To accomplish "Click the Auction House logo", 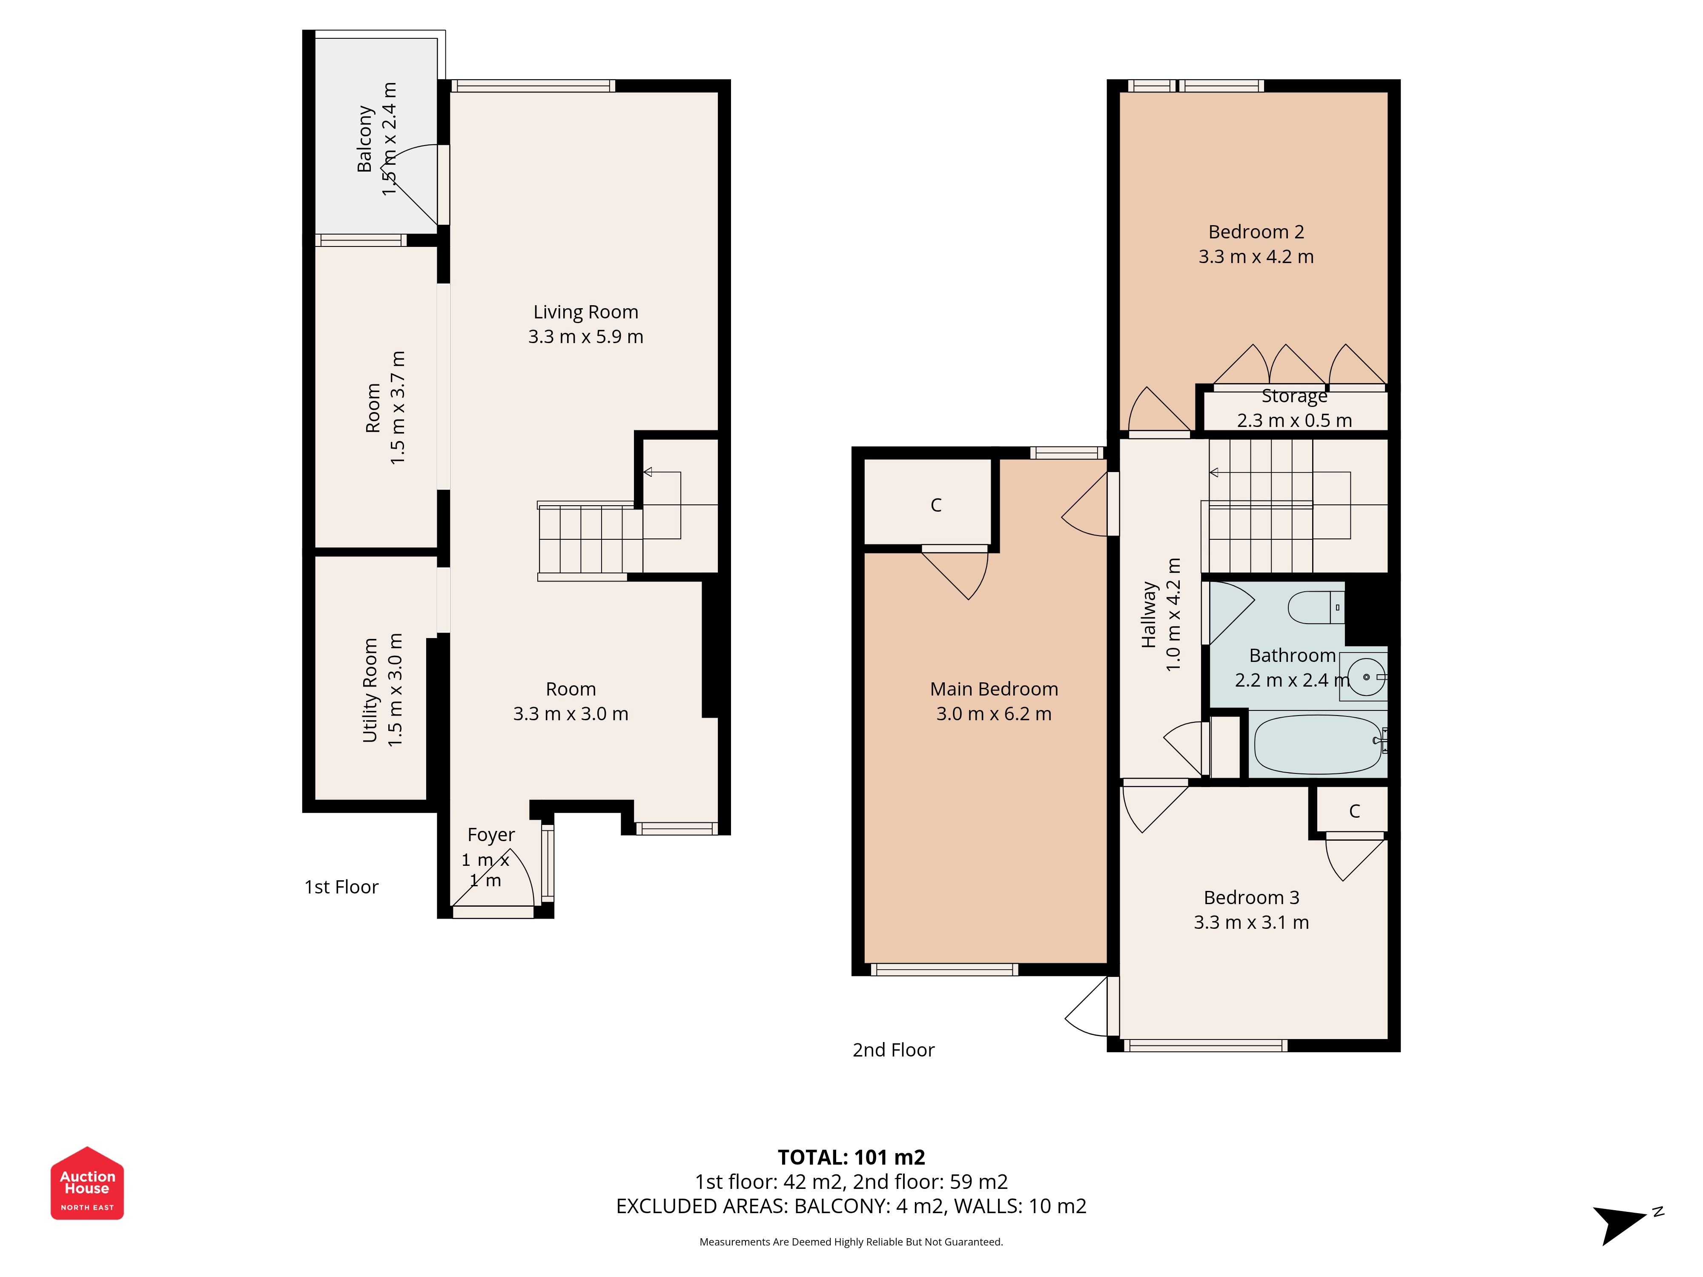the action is point(87,1183).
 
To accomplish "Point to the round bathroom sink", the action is point(1367,677).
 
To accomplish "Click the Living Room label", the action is point(586,312).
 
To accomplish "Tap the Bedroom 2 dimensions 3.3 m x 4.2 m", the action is point(1256,257).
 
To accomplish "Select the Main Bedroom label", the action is point(994,689).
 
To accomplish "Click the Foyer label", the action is point(491,835).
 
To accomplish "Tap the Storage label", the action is point(1294,396).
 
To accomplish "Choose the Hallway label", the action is point(1149,614).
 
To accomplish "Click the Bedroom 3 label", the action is point(1251,897).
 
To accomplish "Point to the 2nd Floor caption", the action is point(893,1050).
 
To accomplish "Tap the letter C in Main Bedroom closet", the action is point(936,505).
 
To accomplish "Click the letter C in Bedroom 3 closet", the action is point(1354,810).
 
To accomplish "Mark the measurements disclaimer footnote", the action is point(851,1242).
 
